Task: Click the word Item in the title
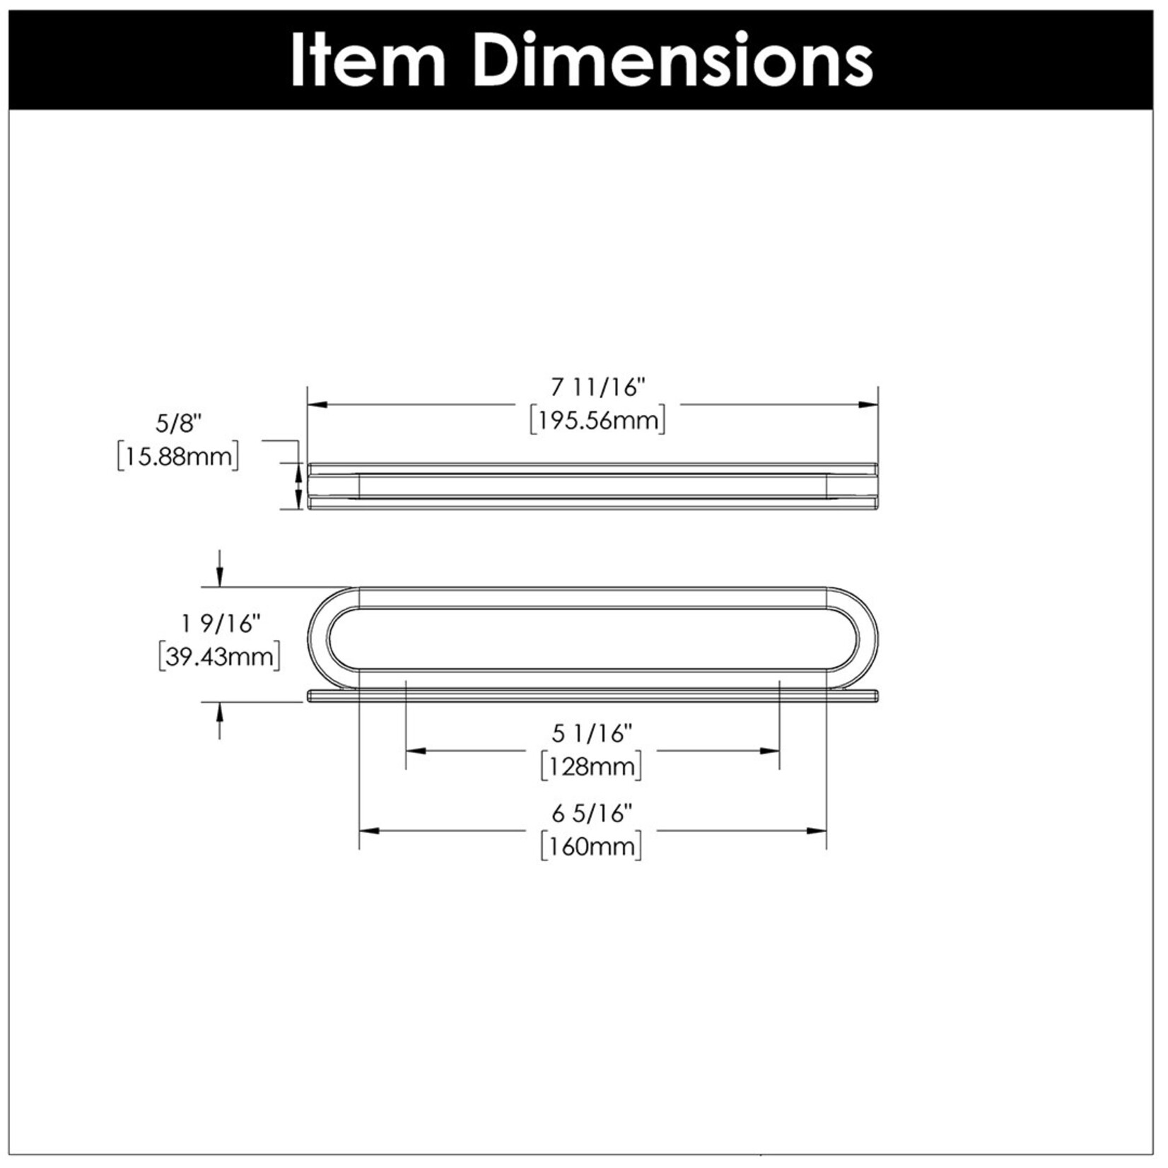(x=368, y=60)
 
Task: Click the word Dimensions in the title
(x=673, y=60)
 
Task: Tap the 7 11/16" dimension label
(x=598, y=387)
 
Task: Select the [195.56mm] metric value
(x=598, y=421)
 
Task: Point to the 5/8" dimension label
(x=178, y=424)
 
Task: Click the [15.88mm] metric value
(x=178, y=456)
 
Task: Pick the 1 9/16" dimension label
(x=221, y=624)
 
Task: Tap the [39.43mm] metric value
(x=220, y=657)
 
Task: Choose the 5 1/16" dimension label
(x=592, y=734)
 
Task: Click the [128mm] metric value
(x=592, y=766)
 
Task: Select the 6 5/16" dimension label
(x=592, y=814)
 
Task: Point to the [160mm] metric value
(x=592, y=846)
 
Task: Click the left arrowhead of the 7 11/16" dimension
(x=317, y=405)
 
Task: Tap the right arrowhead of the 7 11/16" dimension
(x=868, y=405)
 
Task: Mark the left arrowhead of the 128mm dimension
(x=416, y=750)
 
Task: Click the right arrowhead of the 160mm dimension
(x=817, y=830)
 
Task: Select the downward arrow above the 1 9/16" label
(x=220, y=568)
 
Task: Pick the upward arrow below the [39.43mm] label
(x=220, y=720)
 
